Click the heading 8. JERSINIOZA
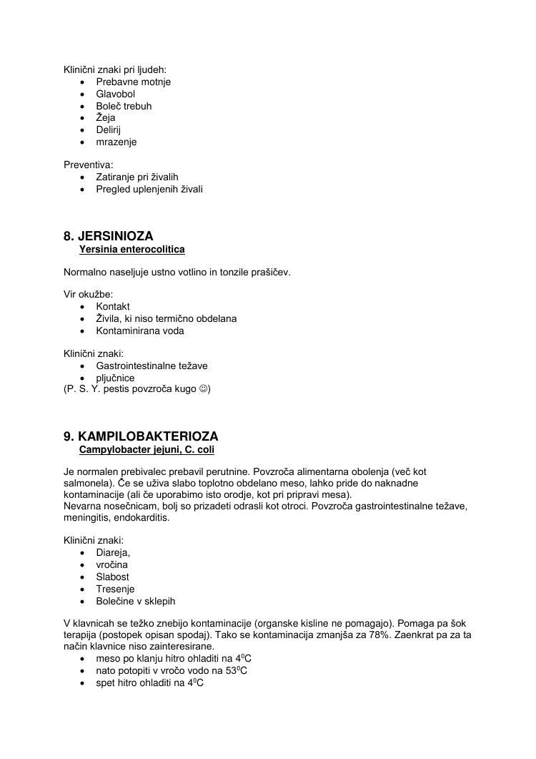coord(108,236)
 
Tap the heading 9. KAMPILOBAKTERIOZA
coord(141,436)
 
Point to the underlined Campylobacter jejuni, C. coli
coord(147,449)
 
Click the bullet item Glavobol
coord(115,94)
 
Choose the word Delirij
coord(109,129)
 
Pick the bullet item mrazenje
coord(116,142)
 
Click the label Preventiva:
coord(89,165)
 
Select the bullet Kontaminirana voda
coord(140,330)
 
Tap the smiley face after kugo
coord(203,390)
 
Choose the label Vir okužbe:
coord(89,295)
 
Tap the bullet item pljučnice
coord(115,378)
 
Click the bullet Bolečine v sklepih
coord(136,601)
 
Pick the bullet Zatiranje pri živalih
coord(137,177)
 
